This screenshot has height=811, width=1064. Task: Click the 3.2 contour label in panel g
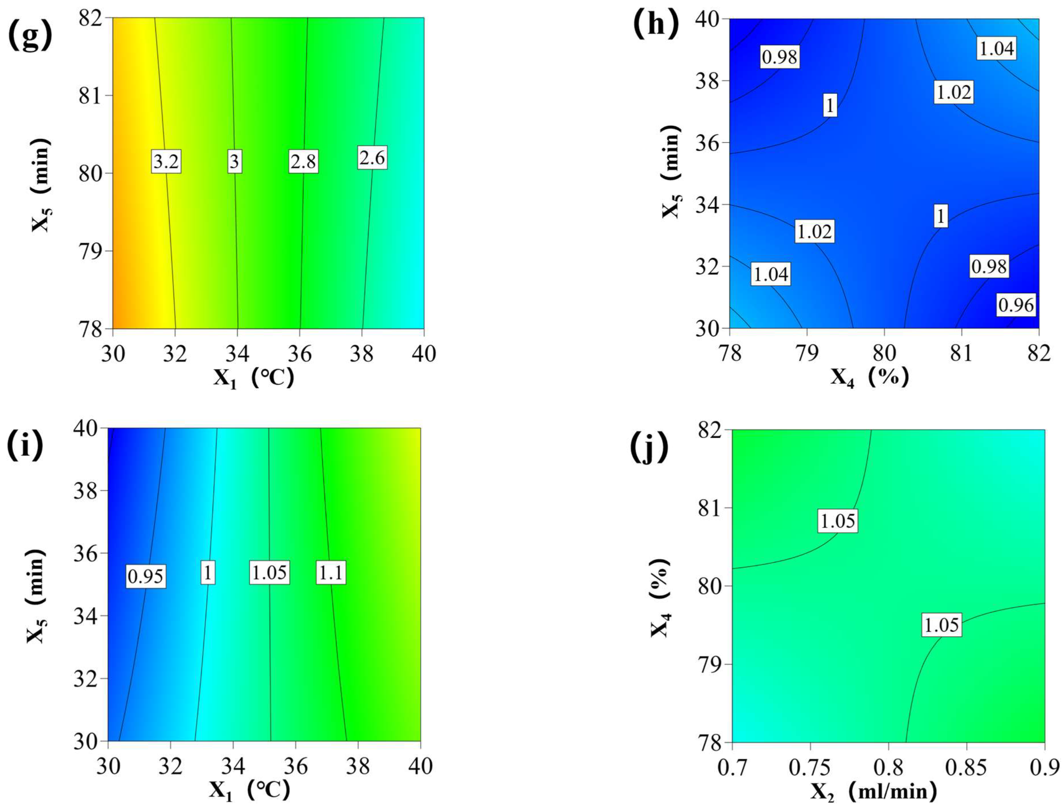166,162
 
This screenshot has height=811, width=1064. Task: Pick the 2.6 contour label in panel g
372,158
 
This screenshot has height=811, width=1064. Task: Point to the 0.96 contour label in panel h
1016,305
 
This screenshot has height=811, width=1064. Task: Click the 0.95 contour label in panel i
146,576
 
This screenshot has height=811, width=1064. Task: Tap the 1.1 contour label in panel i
331,573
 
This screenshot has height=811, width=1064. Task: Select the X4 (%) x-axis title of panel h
870,377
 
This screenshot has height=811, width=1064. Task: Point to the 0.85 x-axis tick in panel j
967,767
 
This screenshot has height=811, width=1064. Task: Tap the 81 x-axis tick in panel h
961,354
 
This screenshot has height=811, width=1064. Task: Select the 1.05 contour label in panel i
269,573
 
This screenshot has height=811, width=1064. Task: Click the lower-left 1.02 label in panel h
814,232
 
